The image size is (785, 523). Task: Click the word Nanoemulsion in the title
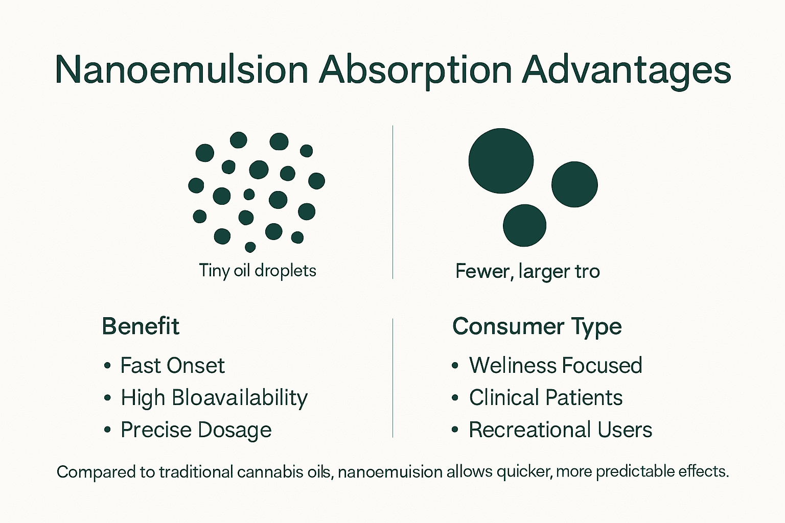[181, 70]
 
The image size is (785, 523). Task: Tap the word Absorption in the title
[415, 70]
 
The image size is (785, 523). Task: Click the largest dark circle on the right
[501, 161]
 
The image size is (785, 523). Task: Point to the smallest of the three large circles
[524, 225]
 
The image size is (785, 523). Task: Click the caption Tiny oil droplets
[257, 270]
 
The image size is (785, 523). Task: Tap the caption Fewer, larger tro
[527, 271]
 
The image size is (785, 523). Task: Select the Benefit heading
[141, 326]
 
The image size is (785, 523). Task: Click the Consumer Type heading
[537, 326]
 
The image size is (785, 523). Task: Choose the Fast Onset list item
[172, 366]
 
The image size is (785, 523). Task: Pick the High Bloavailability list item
[214, 398]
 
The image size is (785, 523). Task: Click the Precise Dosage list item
[196, 430]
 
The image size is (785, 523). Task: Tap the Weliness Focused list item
[555, 366]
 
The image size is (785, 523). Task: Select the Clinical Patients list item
[545, 398]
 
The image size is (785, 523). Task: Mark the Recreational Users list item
[560, 430]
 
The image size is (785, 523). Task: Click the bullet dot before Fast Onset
[107, 366]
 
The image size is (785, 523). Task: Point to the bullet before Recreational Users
[455, 431]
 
